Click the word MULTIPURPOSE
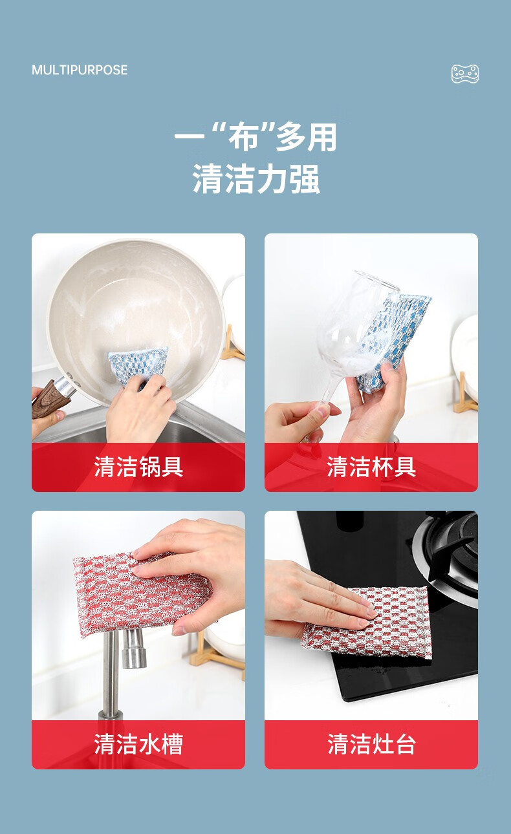(80, 70)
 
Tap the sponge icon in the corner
(465, 73)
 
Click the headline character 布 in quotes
(243, 138)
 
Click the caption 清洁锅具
(138, 467)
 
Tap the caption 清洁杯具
(371, 467)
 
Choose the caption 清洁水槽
(138, 744)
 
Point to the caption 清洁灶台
(371, 744)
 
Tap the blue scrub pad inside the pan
(138, 363)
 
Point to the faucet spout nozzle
(134, 648)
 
